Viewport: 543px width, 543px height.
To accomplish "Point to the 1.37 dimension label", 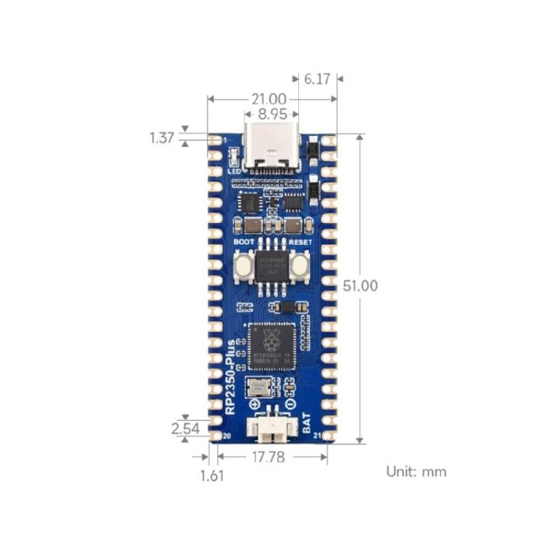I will [x=162, y=138].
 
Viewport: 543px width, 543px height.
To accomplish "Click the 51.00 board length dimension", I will [x=360, y=286].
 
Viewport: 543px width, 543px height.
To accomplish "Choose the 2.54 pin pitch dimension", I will [x=185, y=428].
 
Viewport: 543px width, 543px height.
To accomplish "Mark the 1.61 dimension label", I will [x=212, y=476].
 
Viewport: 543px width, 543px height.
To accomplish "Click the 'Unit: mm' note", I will [x=416, y=471].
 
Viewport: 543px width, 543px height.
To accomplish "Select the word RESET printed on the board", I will [x=300, y=242].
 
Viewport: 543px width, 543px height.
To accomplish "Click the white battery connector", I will [x=271, y=431].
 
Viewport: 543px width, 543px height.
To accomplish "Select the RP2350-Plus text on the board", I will [x=231, y=376].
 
